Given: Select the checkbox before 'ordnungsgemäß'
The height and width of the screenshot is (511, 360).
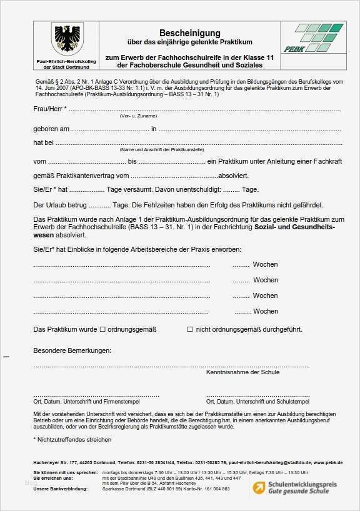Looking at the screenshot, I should click(x=102, y=329).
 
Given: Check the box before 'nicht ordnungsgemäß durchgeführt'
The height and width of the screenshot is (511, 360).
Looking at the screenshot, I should click(x=190, y=329).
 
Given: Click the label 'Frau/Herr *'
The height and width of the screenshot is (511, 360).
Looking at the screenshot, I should click(x=49, y=109).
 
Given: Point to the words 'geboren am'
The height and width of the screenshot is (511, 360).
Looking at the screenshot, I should click(x=51, y=129).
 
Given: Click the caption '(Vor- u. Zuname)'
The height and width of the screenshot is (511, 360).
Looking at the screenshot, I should click(x=138, y=117).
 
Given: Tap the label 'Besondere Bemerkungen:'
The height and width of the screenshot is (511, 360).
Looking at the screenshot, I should click(x=72, y=351).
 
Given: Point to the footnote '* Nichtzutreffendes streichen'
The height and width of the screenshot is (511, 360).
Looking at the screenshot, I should click(x=72, y=439).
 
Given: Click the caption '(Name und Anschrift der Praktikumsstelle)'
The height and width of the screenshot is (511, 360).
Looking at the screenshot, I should click(x=162, y=150).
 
